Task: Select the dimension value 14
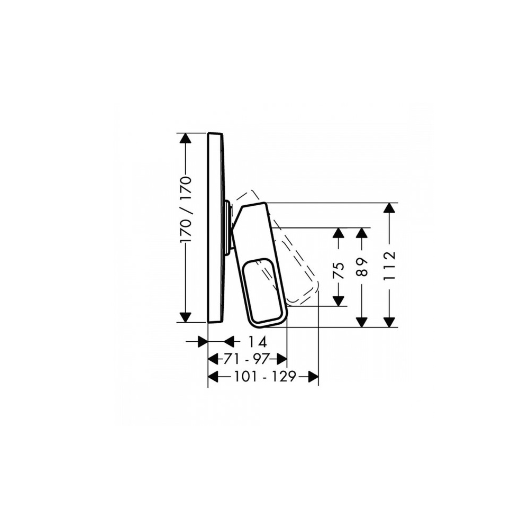click(258, 342)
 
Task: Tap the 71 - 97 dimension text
click(246, 359)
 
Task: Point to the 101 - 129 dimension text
click(265, 376)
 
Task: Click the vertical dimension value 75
click(339, 270)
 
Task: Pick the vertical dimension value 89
click(362, 267)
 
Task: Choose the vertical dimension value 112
click(389, 265)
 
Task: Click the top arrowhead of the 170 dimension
click(185, 138)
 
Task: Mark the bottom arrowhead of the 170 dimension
click(185, 317)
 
